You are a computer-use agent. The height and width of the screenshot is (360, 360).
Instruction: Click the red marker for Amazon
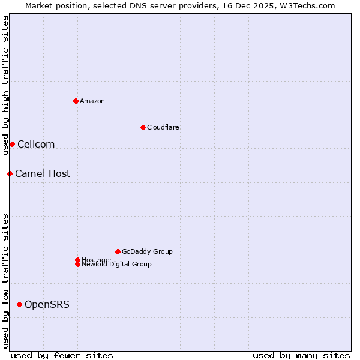click(x=76, y=101)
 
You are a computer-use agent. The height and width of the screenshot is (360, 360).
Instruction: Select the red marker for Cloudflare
click(x=143, y=127)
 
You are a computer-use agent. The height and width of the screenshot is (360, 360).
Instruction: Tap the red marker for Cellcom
click(x=12, y=144)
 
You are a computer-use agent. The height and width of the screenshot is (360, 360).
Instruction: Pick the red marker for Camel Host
click(x=10, y=173)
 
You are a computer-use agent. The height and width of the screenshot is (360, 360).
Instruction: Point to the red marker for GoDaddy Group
click(x=118, y=251)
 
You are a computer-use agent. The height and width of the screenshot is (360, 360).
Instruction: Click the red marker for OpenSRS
click(x=19, y=304)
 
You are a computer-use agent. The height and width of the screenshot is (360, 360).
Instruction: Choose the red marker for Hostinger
click(x=77, y=260)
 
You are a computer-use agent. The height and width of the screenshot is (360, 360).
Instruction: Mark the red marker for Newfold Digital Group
click(x=77, y=264)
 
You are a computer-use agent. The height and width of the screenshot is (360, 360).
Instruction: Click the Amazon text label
click(x=92, y=101)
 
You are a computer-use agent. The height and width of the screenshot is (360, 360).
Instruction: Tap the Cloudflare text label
click(x=163, y=127)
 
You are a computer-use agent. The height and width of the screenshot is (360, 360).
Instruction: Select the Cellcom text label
click(x=36, y=144)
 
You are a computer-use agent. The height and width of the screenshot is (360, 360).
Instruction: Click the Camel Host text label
click(x=43, y=173)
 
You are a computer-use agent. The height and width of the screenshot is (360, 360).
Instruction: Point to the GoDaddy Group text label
click(x=147, y=251)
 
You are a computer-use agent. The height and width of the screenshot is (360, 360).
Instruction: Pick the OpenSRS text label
click(x=47, y=304)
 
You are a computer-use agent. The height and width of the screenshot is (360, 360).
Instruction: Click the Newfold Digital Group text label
click(x=117, y=265)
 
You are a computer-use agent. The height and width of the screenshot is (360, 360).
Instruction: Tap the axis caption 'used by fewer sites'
click(x=62, y=355)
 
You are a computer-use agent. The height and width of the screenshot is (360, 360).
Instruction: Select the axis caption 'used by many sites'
click(x=301, y=355)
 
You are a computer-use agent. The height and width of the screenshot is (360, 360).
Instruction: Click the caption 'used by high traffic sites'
click(x=5, y=85)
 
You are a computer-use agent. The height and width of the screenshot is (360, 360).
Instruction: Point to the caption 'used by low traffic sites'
click(x=5, y=281)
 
